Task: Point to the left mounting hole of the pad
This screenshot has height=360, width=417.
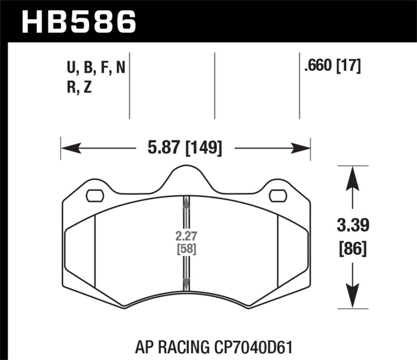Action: click(94, 196)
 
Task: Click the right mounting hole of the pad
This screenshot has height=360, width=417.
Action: click(278, 196)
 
